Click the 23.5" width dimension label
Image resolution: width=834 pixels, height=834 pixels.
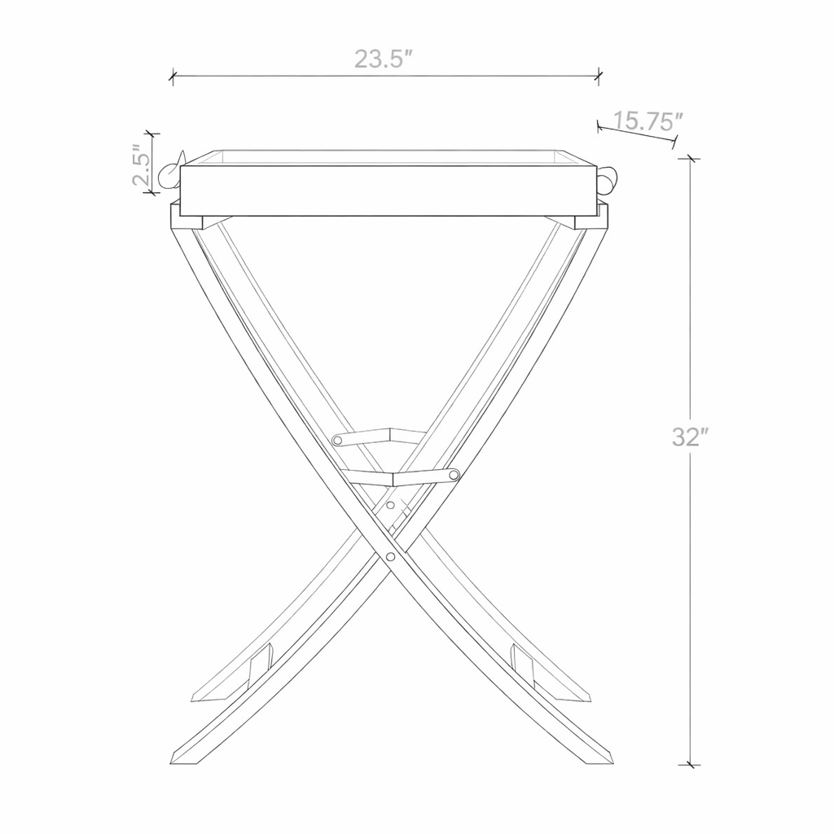click(383, 59)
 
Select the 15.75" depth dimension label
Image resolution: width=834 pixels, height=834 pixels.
click(646, 121)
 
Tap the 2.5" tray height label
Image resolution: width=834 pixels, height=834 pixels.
click(141, 165)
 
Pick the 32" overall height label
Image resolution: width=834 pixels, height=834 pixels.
click(687, 437)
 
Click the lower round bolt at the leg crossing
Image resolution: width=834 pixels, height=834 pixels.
click(392, 558)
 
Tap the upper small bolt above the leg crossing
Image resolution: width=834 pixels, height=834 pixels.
click(390, 506)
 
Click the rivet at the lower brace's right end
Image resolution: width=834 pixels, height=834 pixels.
click(454, 474)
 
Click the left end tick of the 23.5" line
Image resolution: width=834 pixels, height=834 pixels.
click(173, 77)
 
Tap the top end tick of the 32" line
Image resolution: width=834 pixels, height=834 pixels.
click(691, 159)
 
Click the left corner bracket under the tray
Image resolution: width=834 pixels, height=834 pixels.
click(187, 217)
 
